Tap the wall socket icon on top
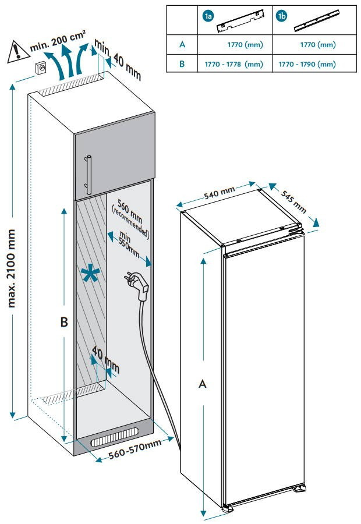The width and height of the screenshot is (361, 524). (41, 67)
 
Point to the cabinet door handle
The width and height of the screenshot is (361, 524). (89, 174)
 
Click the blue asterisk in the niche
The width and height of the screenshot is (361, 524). (89, 275)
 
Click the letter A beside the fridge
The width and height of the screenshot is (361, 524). (203, 384)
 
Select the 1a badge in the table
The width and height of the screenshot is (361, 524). (207, 16)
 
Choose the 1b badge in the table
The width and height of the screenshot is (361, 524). (282, 16)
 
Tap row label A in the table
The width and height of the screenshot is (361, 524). (182, 44)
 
